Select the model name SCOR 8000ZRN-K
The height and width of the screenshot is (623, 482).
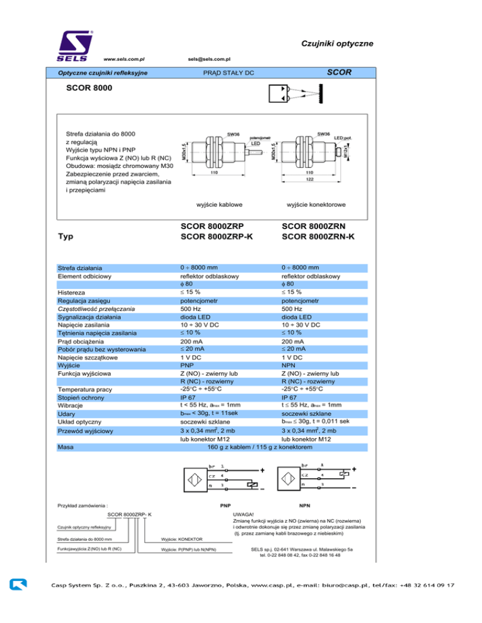pos(319,236)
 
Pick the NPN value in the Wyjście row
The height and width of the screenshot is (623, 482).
pos(290,365)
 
